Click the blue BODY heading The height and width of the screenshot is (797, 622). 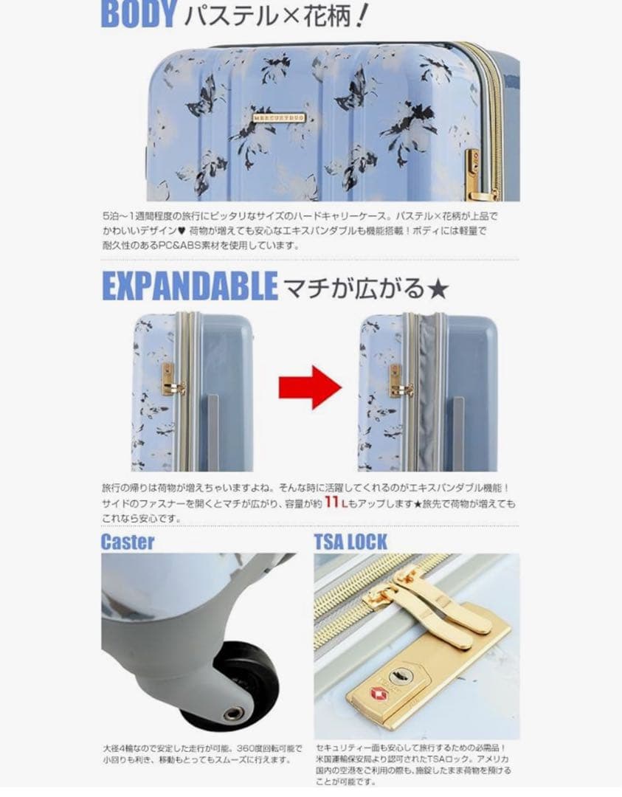[x=138, y=14]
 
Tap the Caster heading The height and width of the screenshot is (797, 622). [x=128, y=542]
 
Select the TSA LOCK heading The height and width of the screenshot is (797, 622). [x=350, y=542]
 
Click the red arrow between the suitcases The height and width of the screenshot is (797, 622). [x=309, y=386]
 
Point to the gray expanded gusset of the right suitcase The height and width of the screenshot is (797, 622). [x=427, y=391]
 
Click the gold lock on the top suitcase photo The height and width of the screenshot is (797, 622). [x=471, y=174]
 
